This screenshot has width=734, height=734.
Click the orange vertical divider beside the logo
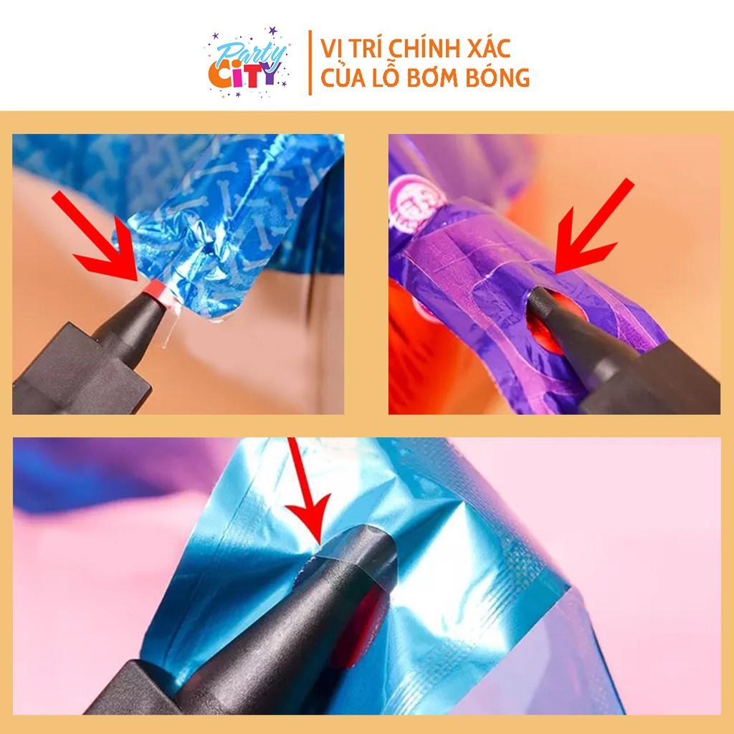310,63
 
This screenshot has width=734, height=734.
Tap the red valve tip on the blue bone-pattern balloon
155,289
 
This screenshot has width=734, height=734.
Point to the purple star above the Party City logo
272,31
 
